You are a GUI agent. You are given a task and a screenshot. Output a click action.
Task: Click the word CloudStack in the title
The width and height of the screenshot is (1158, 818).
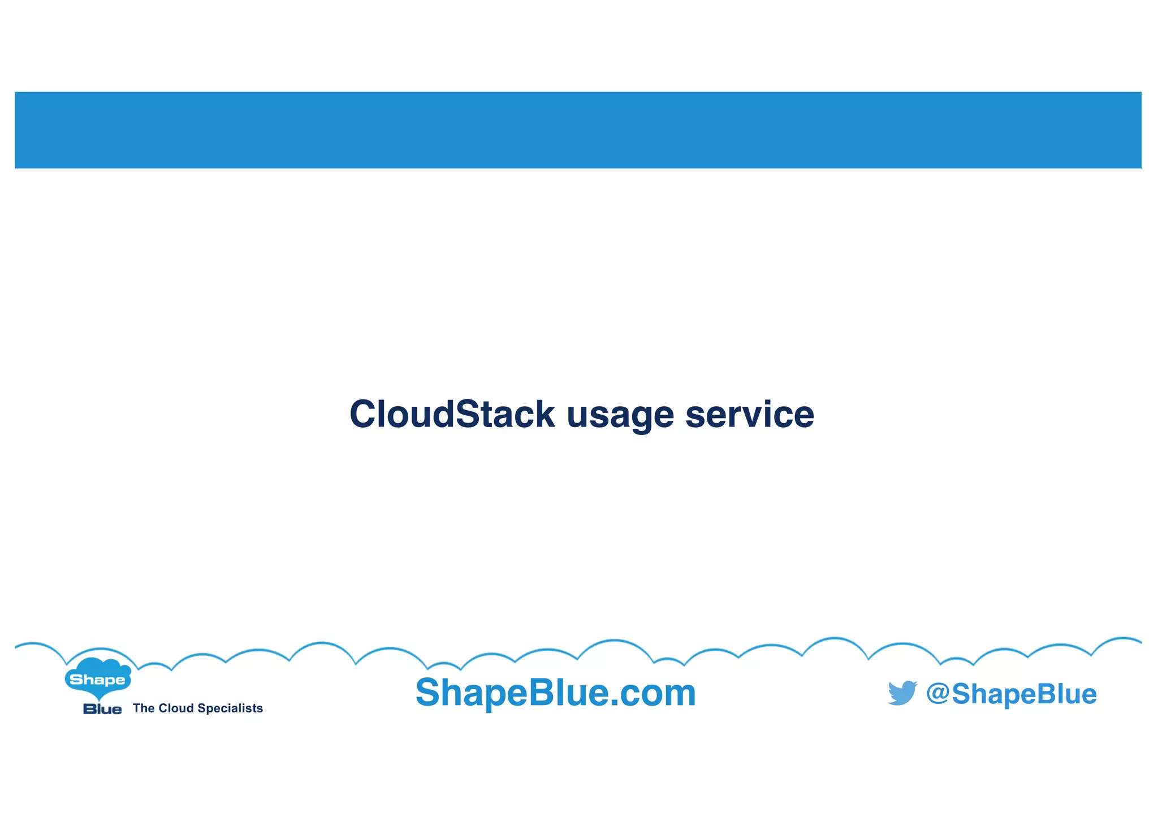click(452, 414)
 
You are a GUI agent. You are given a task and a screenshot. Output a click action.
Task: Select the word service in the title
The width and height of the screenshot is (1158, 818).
click(750, 414)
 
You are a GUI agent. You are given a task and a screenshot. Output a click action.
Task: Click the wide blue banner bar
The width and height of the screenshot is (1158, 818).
click(578, 130)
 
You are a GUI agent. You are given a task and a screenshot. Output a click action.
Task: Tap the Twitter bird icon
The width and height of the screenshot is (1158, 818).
click(902, 693)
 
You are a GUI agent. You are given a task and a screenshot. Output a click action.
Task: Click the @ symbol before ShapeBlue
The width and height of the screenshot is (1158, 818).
click(938, 693)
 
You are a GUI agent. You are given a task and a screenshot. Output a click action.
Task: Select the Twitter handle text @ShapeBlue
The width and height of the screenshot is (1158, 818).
click(1011, 694)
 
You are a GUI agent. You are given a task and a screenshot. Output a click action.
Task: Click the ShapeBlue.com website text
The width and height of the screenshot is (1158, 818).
click(555, 693)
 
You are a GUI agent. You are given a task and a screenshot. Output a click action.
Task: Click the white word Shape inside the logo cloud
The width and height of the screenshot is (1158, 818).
click(97, 680)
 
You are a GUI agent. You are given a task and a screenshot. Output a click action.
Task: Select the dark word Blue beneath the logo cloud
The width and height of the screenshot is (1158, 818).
click(102, 710)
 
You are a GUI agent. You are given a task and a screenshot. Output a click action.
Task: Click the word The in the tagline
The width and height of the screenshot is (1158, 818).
click(144, 708)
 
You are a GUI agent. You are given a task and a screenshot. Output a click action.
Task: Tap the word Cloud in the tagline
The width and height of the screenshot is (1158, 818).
click(176, 708)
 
